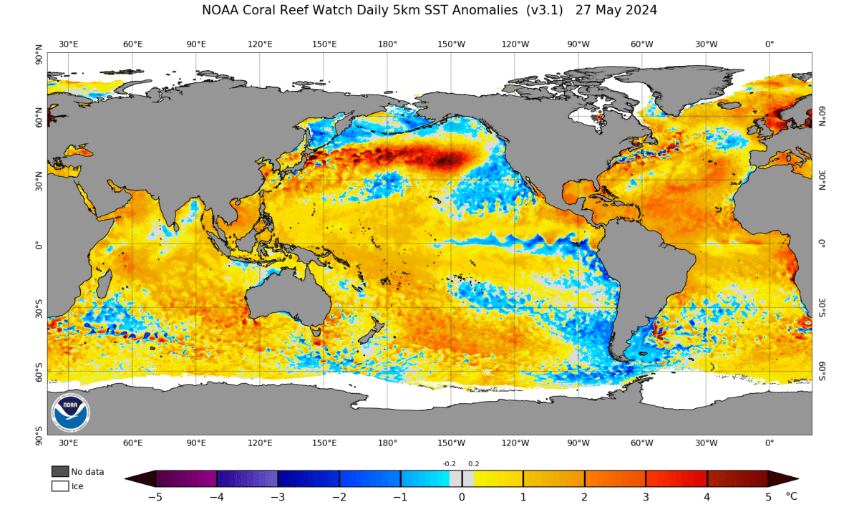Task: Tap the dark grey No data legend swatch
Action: (60, 471)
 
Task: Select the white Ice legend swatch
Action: (60, 486)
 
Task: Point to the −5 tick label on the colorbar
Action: (155, 497)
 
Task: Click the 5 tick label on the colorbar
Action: (768, 497)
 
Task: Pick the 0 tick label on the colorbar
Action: (462, 497)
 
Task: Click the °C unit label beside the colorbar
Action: (791, 496)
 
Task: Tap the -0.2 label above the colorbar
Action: (450, 464)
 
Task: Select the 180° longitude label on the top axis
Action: (387, 44)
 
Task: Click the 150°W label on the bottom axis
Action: (451, 443)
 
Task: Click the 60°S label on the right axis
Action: (822, 371)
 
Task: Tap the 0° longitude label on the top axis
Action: (770, 44)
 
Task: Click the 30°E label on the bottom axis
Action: (69, 443)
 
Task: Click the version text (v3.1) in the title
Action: (548, 10)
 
